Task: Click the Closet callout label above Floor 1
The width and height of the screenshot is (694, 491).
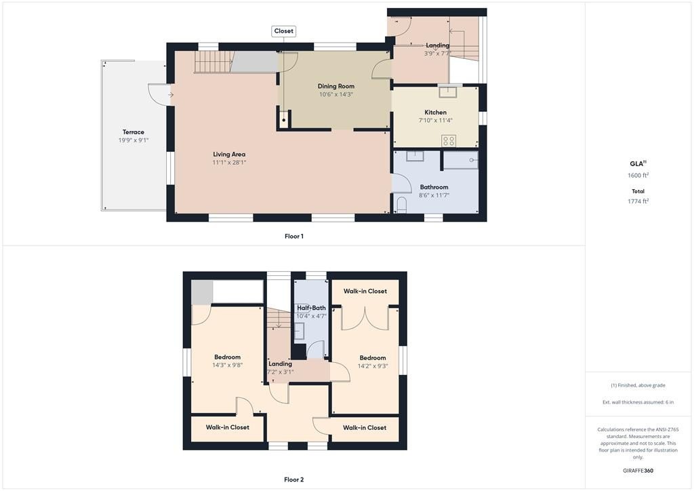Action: pos(283,31)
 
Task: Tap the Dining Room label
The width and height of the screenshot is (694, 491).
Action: pos(336,86)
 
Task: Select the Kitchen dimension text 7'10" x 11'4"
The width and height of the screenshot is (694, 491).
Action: pos(436,121)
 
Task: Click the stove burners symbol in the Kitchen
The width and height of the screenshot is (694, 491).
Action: pos(449,141)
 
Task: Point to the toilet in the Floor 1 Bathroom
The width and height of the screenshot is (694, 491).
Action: pos(401,205)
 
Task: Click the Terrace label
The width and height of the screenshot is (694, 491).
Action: pos(134,132)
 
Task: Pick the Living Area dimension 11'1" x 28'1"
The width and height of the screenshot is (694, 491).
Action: pos(229,163)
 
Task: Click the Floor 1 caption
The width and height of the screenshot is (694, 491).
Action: pos(294,237)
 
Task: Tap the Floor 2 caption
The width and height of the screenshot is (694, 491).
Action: pos(294,479)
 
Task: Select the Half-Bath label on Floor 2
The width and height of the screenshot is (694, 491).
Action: pos(311,308)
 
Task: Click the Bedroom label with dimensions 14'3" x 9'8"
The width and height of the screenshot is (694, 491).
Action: pos(228,357)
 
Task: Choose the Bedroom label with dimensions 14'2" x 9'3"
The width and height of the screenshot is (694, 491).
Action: pos(373,357)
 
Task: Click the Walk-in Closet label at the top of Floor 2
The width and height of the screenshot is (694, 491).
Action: pos(365,292)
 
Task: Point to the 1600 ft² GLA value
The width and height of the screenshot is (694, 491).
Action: pos(638,175)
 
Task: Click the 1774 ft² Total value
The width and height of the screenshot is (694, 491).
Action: pos(638,201)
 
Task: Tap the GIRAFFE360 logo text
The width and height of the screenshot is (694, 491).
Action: pos(638,471)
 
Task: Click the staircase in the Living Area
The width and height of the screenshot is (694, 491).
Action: pos(213,62)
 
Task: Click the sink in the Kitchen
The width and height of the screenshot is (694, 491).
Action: pos(448,92)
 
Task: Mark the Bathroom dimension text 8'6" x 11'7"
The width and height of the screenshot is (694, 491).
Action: pos(434,195)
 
